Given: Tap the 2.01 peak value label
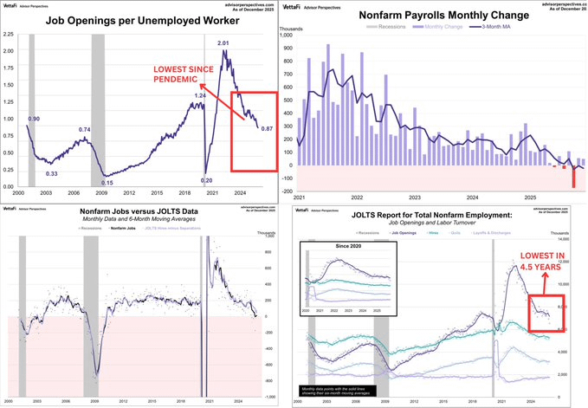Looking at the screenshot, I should pyautogui.click(x=223, y=43).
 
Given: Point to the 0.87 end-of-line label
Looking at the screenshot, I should pyautogui.click(x=268, y=129).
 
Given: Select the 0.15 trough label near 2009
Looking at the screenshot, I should pyautogui.click(x=107, y=182).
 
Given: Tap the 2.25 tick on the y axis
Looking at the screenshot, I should pyautogui.click(x=9, y=35).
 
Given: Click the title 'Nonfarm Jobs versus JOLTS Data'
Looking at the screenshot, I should pyautogui.click(x=138, y=212).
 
